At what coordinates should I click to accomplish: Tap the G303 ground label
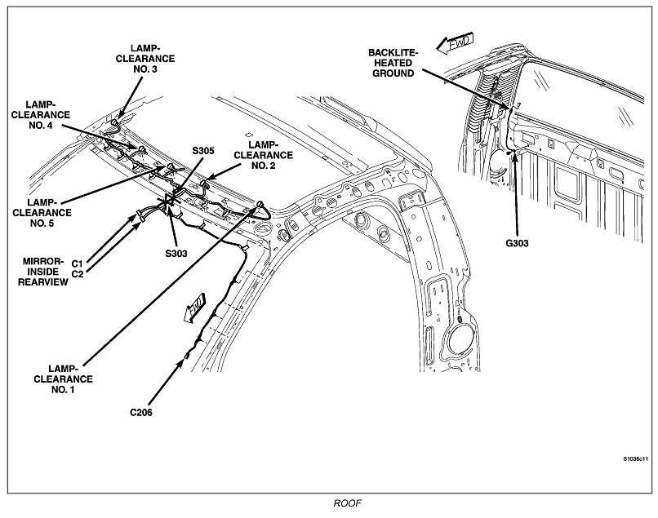tap(518, 242)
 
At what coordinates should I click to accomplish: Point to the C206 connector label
tap(142, 412)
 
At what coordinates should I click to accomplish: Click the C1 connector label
tap(78, 263)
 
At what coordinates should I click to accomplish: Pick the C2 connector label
tap(78, 273)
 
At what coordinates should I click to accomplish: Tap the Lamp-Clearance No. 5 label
tap(38, 209)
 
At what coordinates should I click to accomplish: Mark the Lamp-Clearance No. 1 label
tap(72, 379)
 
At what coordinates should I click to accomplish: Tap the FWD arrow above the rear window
tap(452, 42)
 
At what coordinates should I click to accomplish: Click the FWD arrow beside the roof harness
tap(195, 308)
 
